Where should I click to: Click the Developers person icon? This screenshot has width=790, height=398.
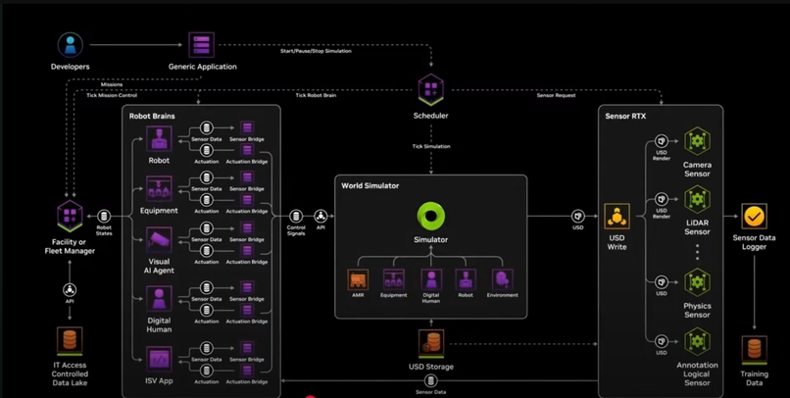pos(70,44)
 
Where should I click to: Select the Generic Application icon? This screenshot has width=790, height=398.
pos(202,45)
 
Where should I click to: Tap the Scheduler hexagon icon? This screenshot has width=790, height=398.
pos(430,90)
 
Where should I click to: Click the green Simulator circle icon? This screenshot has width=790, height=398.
pos(430,216)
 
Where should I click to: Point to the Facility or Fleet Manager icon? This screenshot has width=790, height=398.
pos(70,217)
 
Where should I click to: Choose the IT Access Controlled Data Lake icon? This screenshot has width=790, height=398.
pos(70,340)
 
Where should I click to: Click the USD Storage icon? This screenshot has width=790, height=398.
pos(430,343)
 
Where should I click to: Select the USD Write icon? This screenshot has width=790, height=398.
pos(617,217)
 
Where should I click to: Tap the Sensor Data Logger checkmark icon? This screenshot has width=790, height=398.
pos(754,216)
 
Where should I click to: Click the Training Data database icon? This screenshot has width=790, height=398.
pos(754,349)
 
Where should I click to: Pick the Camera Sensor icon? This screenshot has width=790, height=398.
pos(697,141)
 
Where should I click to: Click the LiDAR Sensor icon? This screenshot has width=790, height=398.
pos(697,200)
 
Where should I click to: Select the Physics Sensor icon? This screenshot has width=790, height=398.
pos(697,282)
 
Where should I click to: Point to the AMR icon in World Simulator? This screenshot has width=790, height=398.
pos(358,279)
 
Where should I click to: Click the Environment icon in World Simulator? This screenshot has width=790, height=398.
pos(502,279)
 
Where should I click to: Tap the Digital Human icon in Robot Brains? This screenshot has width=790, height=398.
pos(159,298)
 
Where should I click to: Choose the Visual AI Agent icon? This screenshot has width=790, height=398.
pos(159,239)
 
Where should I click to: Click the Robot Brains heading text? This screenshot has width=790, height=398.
pos(152,117)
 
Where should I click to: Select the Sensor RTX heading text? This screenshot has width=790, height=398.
pos(625,117)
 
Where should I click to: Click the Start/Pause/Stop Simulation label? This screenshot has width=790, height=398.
pos(316,51)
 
